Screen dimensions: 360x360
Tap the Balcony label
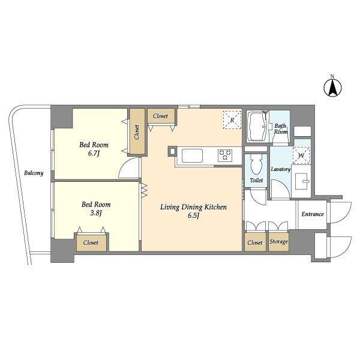[34, 173]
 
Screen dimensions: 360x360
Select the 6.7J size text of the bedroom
[94, 154]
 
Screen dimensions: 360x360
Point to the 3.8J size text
[96, 213]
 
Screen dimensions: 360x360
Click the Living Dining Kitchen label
[193, 207]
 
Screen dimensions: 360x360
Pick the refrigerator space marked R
[232, 120]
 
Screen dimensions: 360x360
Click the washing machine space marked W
[301, 155]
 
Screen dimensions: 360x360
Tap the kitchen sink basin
[192, 155]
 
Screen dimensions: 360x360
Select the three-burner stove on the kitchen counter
[225, 155]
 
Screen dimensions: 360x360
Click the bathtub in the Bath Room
[258, 126]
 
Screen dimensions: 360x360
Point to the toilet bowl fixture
[256, 165]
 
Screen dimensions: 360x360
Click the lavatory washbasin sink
[302, 181]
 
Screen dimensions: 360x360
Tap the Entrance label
[313, 214]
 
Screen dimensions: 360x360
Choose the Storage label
[278, 242]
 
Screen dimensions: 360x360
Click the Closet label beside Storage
[255, 242]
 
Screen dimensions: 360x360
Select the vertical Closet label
[137, 132]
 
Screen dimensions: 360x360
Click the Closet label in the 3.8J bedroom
[91, 242]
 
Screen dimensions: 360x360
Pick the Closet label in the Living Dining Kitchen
[160, 116]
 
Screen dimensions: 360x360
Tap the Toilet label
[256, 181]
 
